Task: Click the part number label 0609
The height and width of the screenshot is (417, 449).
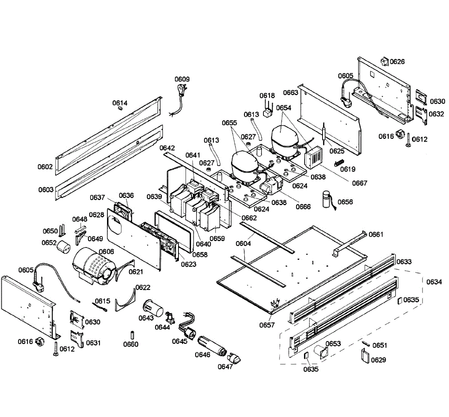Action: click(x=182, y=79)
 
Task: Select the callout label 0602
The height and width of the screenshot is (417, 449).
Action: click(x=45, y=167)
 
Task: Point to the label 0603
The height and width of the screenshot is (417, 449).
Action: click(x=46, y=190)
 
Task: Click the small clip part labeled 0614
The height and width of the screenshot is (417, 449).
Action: click(x=120, y=109)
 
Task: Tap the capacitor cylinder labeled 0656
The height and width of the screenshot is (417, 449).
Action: click(x=327, y=200)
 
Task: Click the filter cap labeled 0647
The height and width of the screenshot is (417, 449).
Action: click(x=234, y=358)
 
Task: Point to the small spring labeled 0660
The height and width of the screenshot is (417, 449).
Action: click(x=132, y=335)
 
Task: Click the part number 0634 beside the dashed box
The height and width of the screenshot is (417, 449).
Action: click(x=434, y=282)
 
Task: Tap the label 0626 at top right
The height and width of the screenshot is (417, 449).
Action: click(x=397, y=61)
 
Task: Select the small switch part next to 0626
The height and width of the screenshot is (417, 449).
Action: click(x=385, y=61)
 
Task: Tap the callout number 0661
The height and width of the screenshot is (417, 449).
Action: click(x=376, y=235)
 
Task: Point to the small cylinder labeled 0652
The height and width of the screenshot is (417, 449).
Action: click(x=63, y=246)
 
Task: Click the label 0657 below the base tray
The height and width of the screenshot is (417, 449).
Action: click(x=267, y=325)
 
